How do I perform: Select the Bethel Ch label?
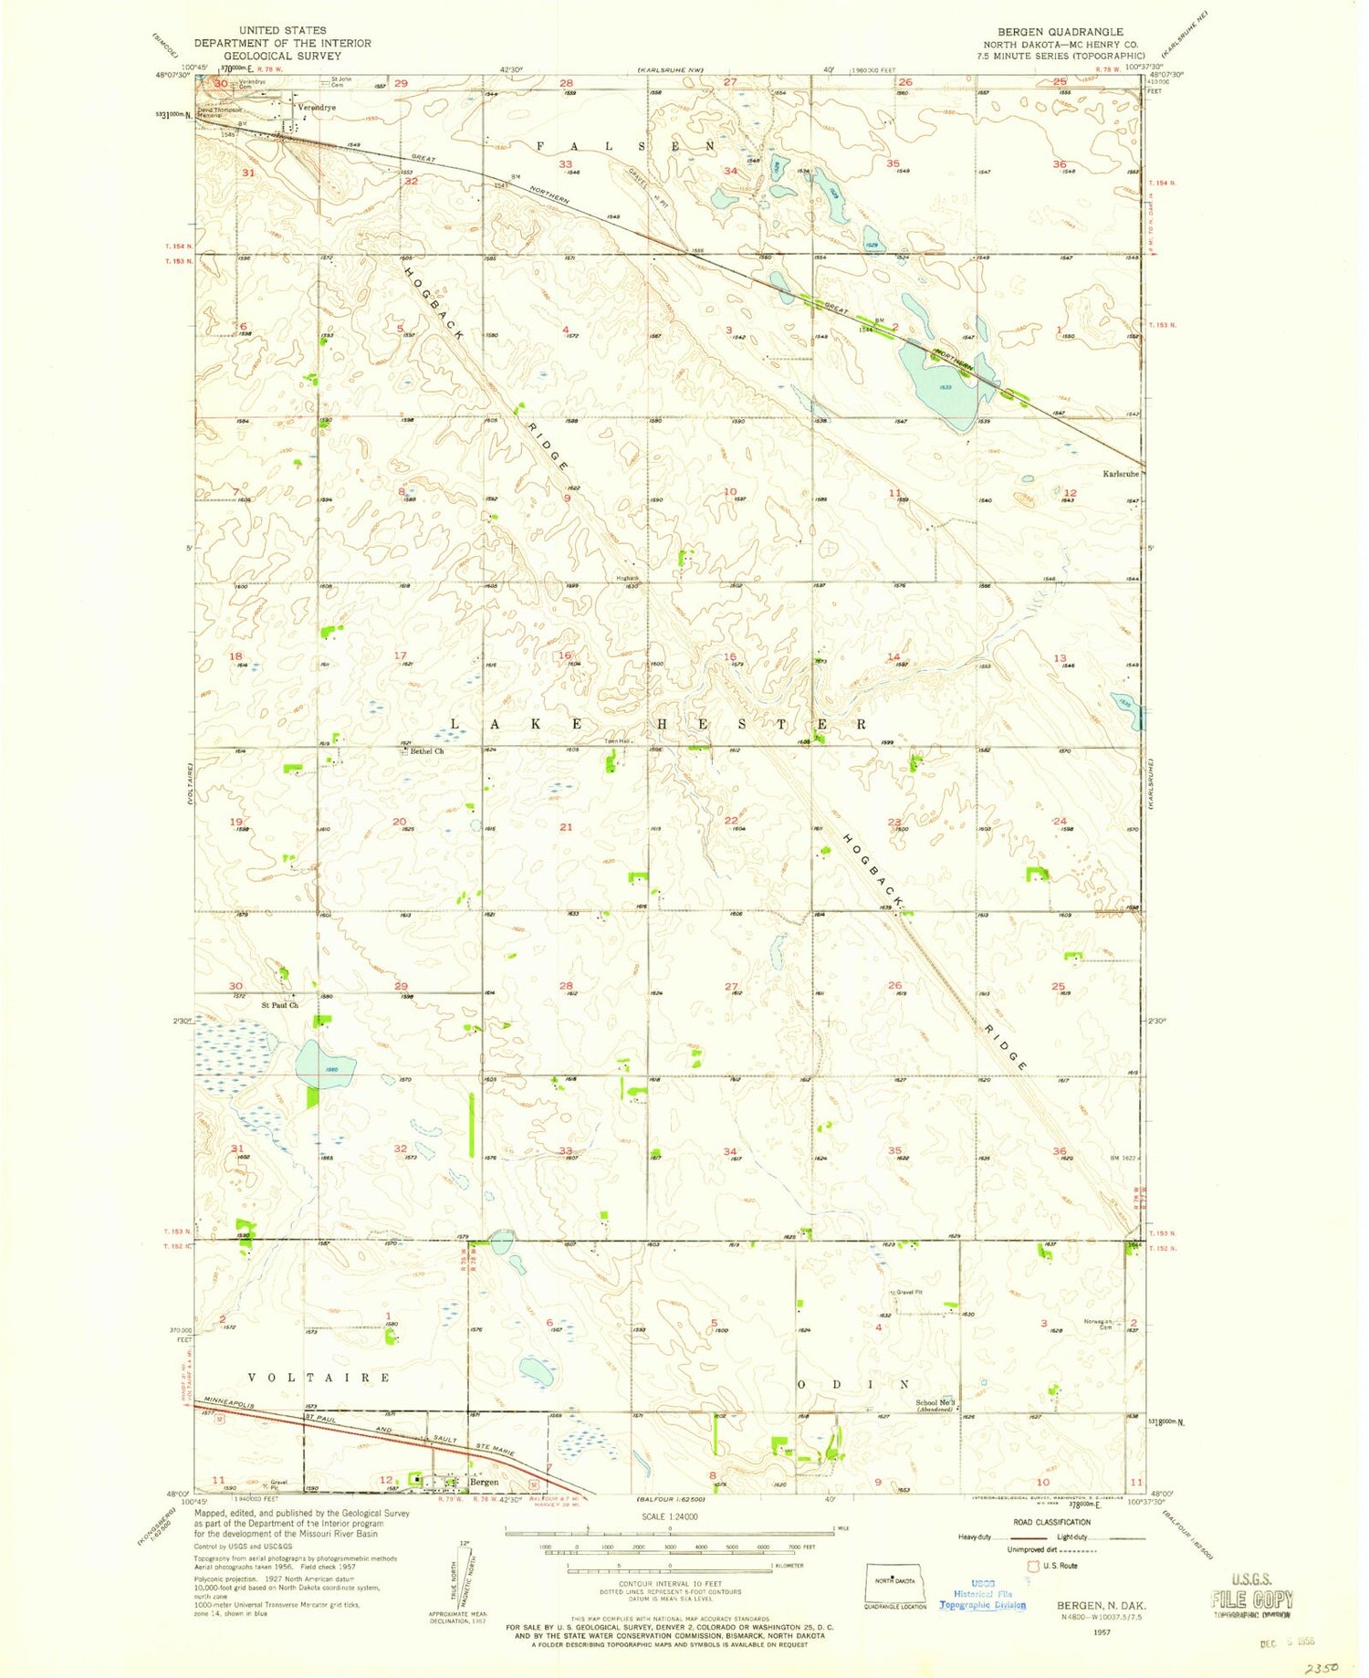(426, 751)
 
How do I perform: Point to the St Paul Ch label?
(279, 1005)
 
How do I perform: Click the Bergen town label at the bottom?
(483, 1482)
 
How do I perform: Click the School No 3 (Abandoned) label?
(935, 1405)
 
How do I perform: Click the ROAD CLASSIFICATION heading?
(1050, 1522)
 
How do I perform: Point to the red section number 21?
(566, 827)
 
